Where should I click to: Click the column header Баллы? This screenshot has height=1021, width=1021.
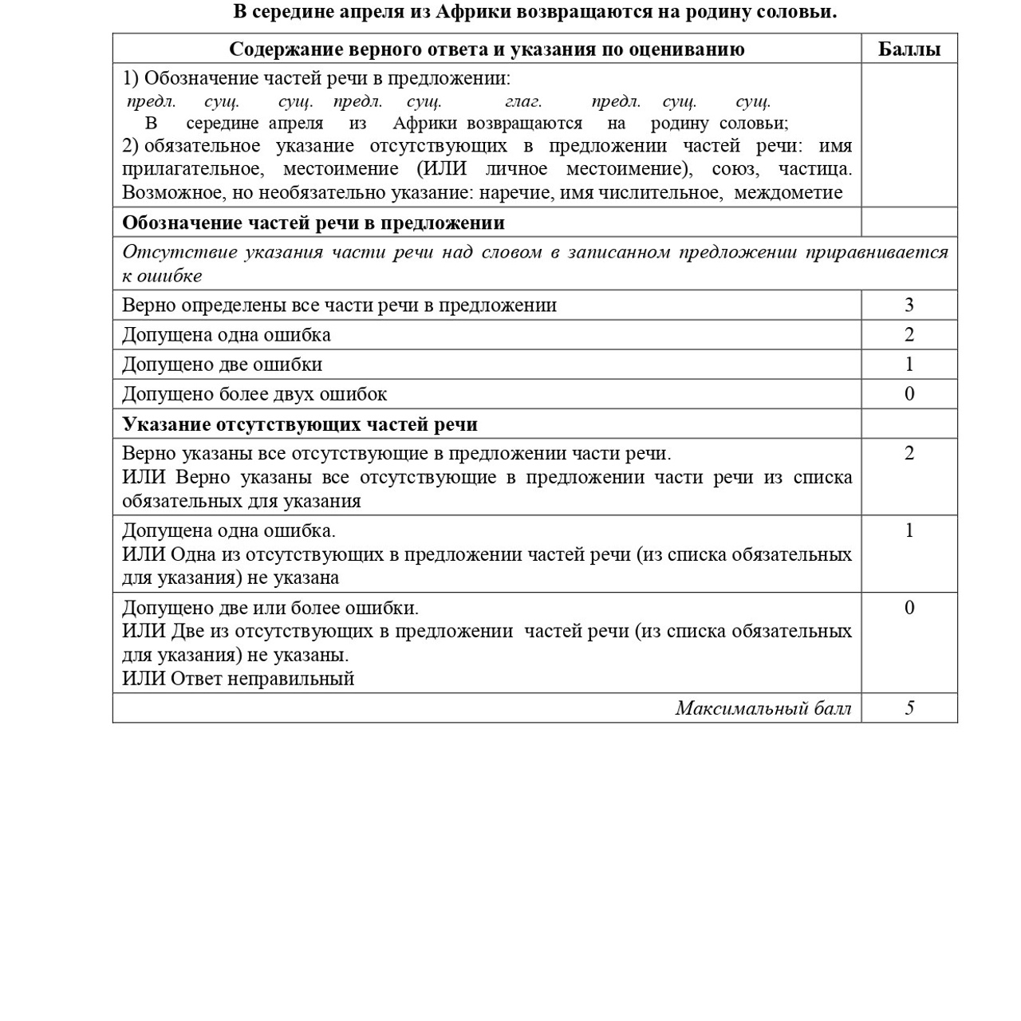[x=909, y=49]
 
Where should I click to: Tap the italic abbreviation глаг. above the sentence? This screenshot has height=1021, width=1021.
[x=523, y=101]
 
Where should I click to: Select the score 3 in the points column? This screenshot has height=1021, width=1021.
[x=909, y=306]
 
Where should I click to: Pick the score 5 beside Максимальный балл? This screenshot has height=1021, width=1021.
[x=909, y=708]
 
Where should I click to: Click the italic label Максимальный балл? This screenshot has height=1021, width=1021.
[x=763, y=708]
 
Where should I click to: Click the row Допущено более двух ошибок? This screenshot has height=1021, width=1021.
[x=254, y=394]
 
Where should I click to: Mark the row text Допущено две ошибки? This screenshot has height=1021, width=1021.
[x=222, y=365]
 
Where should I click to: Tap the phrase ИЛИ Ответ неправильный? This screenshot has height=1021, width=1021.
[x=238, y=679]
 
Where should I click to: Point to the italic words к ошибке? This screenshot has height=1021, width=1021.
[x=162, y=276]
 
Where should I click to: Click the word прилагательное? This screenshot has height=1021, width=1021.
[x=192, y=169]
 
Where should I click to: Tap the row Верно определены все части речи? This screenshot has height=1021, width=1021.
[x=339, y=306]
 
